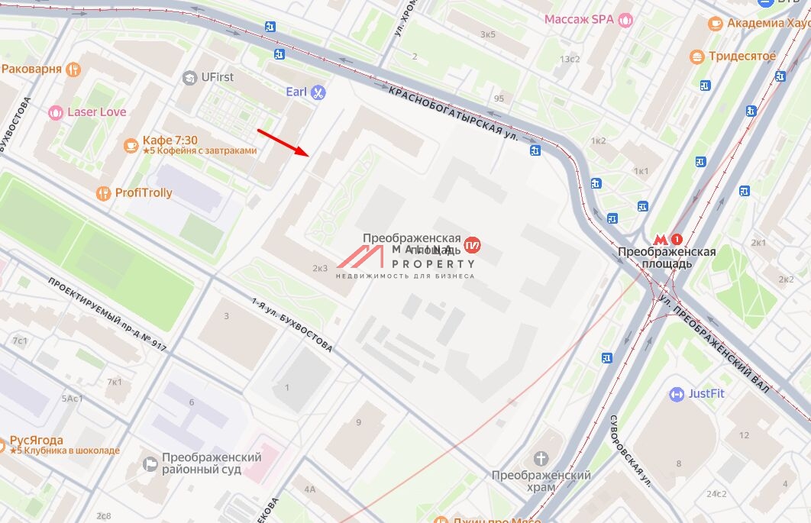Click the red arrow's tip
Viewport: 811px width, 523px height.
(x=308, y=154)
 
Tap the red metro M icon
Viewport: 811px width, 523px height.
(x=664, y=238)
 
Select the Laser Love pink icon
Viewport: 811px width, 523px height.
(x=56, y=113)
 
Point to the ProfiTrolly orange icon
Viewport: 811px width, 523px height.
(x=103, y=193)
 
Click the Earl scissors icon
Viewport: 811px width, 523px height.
(x=318, y=92)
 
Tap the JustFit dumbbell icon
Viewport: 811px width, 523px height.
(x=677, y=394)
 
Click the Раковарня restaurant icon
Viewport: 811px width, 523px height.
(x=73, y=69)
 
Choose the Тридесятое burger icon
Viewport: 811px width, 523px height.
(x=696, y=56)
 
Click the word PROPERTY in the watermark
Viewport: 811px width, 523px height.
(x=434, y=263)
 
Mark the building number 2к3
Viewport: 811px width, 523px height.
(x=320, y=268)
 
